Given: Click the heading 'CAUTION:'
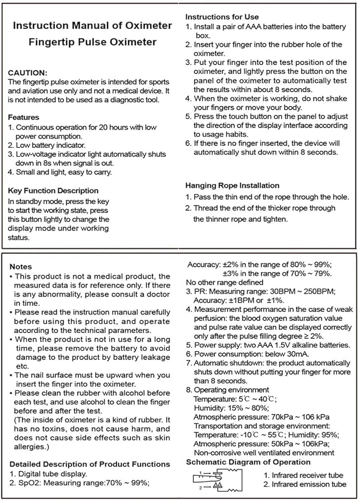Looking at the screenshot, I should (x=28, y=73).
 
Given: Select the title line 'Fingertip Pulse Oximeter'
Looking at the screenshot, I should (x=92, y=42).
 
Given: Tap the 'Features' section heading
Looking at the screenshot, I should (x=24, y=117).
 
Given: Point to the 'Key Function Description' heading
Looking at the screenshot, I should (x=54, y=190).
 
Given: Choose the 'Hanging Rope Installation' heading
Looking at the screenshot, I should (x=232, y=185).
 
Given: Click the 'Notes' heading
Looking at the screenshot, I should (x=21, y=267).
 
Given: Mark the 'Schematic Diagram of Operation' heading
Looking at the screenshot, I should (x=248, y=462).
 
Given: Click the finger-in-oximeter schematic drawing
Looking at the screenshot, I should (x=217, y=479).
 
